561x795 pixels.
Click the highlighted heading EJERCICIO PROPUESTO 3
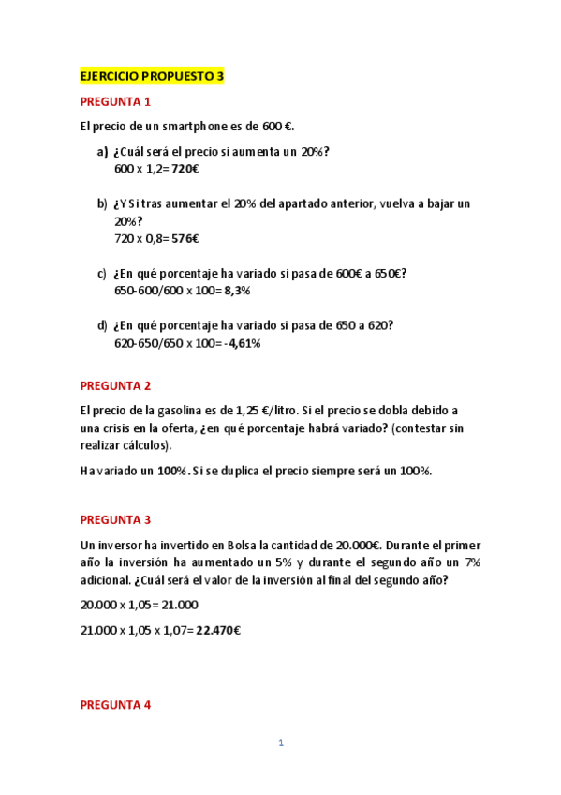coord(152,77)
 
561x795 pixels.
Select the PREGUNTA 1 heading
coord(115,102)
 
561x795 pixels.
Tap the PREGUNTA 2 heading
coord(115,385)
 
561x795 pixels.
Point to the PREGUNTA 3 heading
coord(115,519)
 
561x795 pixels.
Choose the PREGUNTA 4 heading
coord(115,704)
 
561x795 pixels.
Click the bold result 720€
coord(186,169)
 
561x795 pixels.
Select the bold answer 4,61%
coord(244,343)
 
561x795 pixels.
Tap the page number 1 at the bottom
coord(280,743)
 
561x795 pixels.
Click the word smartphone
coord(199,127)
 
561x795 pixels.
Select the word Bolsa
coord(228,545)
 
